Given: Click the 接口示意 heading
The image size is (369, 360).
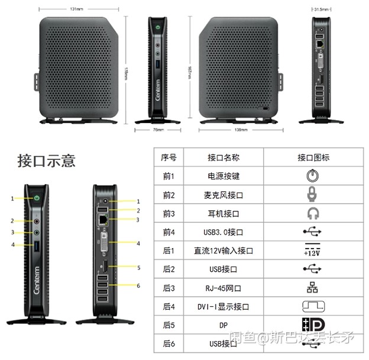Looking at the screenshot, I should pos(47,160).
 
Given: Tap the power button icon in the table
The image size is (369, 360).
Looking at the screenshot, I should pos(313,175).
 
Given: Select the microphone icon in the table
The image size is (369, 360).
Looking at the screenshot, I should pos(313,194).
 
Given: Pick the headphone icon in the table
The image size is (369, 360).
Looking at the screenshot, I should pos(313,213).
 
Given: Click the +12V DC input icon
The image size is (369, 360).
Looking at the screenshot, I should pos(313,250).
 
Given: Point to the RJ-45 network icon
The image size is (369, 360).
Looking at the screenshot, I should pos(313,288).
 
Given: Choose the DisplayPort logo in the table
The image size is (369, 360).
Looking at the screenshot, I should pos(313,325).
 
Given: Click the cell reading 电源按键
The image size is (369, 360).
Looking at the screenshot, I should pos(224,176).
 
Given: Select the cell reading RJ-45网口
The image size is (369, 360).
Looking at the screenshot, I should pos(224,288).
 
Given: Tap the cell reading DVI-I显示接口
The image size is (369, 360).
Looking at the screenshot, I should pos(224,307).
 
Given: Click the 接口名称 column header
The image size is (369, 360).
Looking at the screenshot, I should pos(224,157).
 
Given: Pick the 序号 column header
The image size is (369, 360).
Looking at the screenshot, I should pos(169,157).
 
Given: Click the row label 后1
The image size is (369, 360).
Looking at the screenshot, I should pos(169,250).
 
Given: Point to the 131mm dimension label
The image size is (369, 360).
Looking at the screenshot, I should pos(76,9).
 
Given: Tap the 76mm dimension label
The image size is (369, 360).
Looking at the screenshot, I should pos(158,129).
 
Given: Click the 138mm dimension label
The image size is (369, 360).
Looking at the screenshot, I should pos(241,129).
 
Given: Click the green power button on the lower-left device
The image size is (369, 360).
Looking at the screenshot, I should pos(37,198).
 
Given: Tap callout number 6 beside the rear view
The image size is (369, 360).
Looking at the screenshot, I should pos(138,286).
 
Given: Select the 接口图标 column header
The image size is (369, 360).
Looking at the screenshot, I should pos(313,157).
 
